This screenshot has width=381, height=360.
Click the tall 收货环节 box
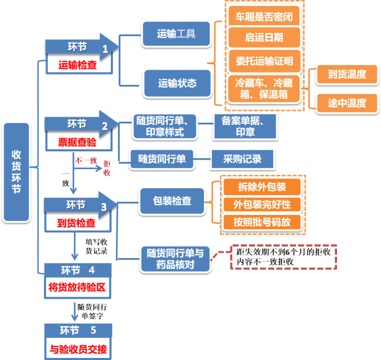point(16,171)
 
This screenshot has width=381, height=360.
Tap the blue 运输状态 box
point(177,83)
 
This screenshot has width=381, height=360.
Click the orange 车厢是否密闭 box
point(264,16)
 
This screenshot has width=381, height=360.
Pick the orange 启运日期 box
point(264,39)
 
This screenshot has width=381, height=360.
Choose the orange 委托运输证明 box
point(264,61)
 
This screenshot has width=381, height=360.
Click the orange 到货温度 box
point(347,74)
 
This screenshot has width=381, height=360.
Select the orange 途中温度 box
point(347,103)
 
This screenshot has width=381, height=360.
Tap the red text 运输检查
point(78,65)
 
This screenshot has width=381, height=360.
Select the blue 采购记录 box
point(242,159)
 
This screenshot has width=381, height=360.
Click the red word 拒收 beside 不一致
point(107,168)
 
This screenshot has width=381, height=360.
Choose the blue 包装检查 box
point(172,201)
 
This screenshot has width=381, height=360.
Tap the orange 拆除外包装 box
point(262,187)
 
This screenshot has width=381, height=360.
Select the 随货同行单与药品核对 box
point(175,259)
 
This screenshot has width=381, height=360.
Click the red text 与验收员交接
point(78,351)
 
